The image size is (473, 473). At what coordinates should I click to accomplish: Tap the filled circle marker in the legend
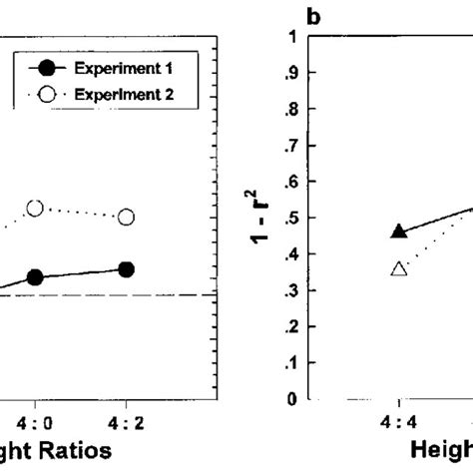[46, 69]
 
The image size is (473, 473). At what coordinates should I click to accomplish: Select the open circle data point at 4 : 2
[127, 217]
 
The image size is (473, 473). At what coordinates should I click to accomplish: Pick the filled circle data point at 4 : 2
[127, 268]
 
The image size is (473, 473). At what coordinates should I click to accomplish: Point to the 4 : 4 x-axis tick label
[399, 420]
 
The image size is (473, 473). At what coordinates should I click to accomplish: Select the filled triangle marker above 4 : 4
[399, 232]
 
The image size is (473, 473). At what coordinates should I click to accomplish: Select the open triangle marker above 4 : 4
[399, 268]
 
